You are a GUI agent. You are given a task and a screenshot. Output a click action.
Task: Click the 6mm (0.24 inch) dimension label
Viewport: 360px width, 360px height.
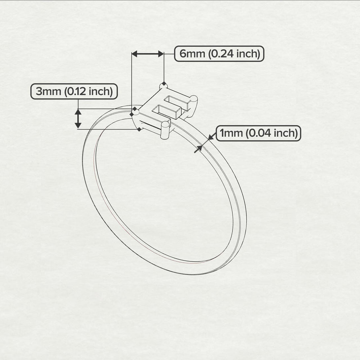pyautogui.click(x=219, y=54)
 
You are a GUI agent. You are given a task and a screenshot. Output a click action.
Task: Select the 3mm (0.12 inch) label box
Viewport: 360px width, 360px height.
pyautogui.click(x=74, y=91)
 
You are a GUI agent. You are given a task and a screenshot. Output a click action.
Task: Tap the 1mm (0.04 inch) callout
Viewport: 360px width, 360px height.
pyautogui.click(x=259, y=133)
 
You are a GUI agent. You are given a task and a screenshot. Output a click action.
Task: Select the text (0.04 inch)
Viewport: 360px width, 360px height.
pyautogui.click(x=272, y=133)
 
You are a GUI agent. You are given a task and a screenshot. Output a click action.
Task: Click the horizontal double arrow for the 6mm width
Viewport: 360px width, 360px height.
pyautogui.click(x=148, y=54)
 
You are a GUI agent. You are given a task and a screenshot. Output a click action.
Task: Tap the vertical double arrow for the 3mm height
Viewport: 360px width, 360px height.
pyautogui.click(x=78, y=119)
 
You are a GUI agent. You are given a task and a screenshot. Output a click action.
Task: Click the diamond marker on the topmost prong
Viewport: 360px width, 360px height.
pyautogui.click(x=163, y=83)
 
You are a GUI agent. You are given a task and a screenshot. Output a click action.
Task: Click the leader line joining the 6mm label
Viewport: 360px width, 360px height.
pyautogui.click(x=169, y=54)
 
